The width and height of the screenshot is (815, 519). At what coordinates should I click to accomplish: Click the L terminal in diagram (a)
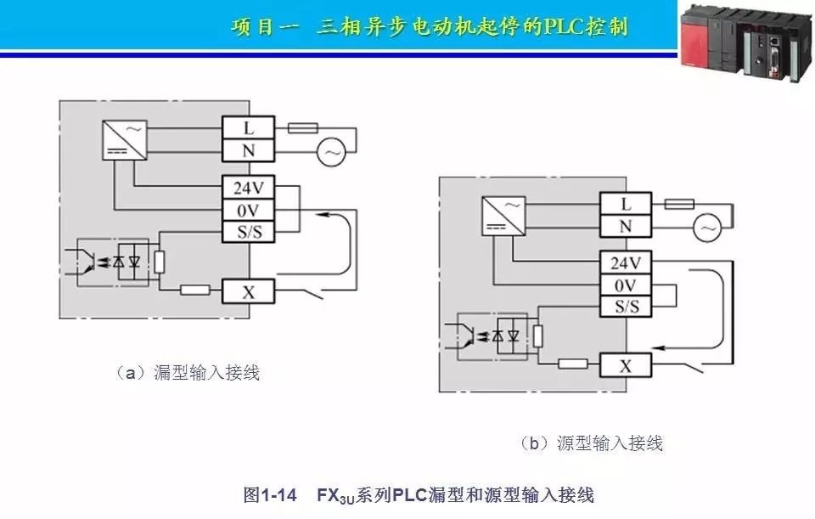(249, 128)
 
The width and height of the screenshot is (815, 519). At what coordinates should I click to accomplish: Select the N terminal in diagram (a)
(249, 150)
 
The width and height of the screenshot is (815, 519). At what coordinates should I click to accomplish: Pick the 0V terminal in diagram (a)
(249, 209)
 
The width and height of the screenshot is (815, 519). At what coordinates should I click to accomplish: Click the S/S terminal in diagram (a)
(249, 230)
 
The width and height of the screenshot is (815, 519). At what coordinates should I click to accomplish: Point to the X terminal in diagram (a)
(249, 291)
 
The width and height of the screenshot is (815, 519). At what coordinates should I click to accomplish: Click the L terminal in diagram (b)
(627, 204)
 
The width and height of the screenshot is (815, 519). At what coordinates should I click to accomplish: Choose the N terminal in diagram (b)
(627, 226)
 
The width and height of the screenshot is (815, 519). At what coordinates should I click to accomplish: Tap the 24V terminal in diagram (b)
(627, 262)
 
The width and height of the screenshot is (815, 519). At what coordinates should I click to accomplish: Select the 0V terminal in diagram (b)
(627, 285)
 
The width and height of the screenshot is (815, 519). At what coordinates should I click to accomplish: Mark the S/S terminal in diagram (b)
(627, 306)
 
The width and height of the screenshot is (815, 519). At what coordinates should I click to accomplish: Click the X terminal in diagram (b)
(627, 366)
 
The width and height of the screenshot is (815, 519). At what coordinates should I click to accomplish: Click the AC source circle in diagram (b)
(706, 228)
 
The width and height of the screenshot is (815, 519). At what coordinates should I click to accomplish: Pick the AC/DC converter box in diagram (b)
(502, 214)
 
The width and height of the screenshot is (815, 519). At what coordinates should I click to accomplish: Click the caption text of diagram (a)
(188, 372)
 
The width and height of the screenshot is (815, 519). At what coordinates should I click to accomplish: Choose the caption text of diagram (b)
(591, 443)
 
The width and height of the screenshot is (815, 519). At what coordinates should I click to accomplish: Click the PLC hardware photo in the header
(745, 42)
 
